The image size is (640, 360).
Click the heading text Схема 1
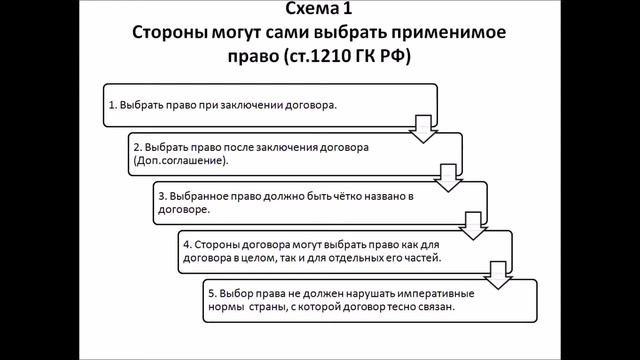tap(319, 11)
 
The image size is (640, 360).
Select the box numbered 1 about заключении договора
tap(270, 103)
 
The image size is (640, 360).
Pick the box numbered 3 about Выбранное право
tap(320, 203)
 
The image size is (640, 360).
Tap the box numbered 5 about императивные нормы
tap(370, 301)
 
